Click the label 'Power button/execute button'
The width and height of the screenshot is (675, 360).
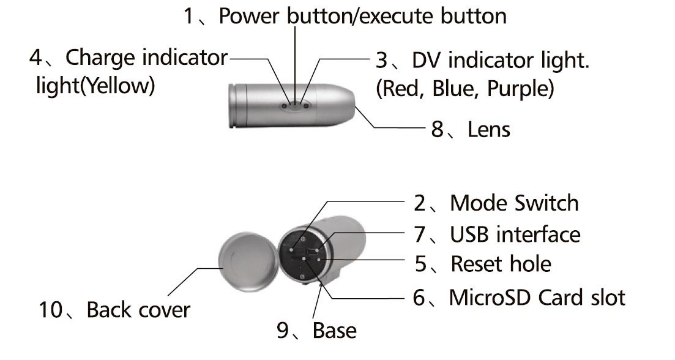pos(362,17)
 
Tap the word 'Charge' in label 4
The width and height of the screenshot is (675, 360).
pos(100,58)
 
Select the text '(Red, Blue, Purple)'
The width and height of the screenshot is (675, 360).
pos(464,89)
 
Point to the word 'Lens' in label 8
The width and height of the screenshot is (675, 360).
pos(489,129)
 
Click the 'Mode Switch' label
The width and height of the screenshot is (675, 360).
pos(514,203)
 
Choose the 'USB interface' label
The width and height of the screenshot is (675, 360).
pos(515,234)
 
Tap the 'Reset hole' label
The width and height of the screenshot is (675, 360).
pos(501,264)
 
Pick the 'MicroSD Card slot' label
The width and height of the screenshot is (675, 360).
pos(537,298)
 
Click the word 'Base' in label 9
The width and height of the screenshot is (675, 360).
pos(334,331)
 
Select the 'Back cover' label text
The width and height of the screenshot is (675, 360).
pos(138,310)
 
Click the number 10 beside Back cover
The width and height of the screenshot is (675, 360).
pos(51,310)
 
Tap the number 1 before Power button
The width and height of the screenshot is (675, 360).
pos(190,17)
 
